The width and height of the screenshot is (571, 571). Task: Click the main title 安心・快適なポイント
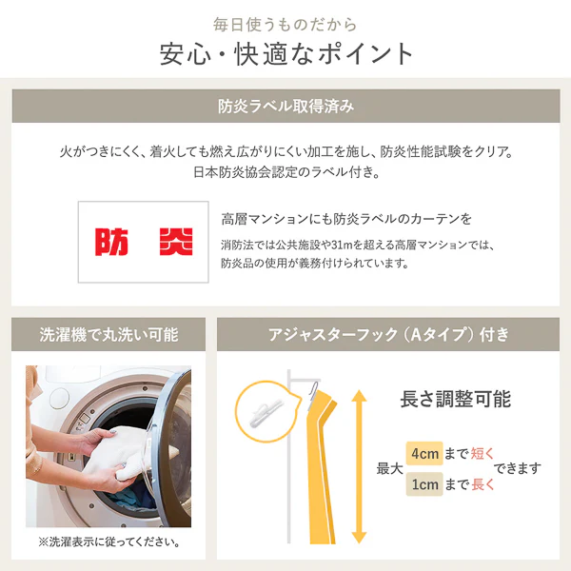coord(285,54)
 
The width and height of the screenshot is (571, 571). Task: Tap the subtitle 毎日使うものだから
coord(285,25)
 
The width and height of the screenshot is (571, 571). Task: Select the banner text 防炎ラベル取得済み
coord(285,107)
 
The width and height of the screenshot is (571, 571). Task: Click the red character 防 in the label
coord(111,242)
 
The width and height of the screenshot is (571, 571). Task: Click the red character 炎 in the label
coord(176,242)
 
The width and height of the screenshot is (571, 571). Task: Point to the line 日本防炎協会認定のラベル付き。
coord(286,172)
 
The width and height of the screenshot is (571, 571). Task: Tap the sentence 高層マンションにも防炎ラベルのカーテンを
coord(346,219)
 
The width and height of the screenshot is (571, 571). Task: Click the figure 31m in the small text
coord(342,246)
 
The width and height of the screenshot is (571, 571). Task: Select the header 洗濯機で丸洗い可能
coord(108,335)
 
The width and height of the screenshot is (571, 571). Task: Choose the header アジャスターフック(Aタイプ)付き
coord(388,335)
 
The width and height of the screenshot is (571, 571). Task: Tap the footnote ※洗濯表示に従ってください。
coord(109,541)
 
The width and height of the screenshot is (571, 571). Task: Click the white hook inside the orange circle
coord(266,412)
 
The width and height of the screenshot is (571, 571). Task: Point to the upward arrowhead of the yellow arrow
coord(359,396)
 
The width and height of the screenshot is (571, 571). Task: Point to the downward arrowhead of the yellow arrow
coord(359,537)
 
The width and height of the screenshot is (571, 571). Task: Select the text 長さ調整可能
coord(456,399)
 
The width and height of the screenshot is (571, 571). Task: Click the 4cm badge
coord(424,453)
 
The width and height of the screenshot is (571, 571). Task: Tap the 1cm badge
coord(424,484)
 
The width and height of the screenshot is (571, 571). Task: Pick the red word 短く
coord(482,454)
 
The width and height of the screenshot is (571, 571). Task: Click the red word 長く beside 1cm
coord(482,484)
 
